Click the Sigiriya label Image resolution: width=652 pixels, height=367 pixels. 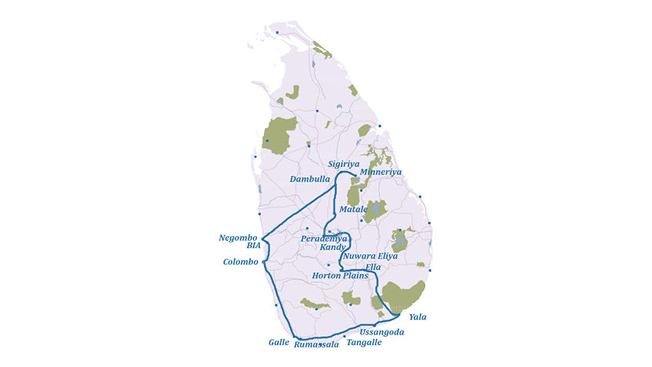(344, 164)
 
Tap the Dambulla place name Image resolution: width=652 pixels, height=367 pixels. (310, 179)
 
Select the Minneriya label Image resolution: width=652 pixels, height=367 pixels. (381, 172)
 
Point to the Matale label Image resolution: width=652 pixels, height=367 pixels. (354, 209)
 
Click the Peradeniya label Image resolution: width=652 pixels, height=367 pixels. (324, 239)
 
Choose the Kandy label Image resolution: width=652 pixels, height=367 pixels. (333, 247)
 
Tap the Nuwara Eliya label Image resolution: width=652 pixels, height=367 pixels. (370, 256)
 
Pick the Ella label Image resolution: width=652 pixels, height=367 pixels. (373, 267)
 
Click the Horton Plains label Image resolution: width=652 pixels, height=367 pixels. (340, 276)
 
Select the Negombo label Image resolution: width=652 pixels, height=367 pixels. (238, 238)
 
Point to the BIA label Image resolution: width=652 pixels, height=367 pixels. (253, 246)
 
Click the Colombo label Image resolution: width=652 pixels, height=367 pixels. (240, 263)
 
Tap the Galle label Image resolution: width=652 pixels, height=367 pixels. (279, 343)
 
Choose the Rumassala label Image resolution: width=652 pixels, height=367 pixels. (316, 345)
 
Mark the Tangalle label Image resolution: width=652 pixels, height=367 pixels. (364, 343)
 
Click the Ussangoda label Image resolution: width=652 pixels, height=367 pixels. (382, 332)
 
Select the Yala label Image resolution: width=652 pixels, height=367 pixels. (418, 317)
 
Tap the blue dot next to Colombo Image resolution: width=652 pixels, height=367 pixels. (263, 262)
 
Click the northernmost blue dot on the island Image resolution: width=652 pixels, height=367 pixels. (277, 33)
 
